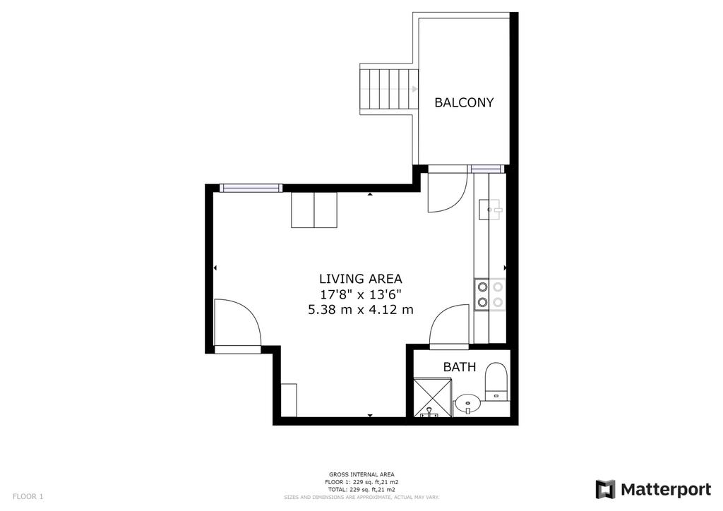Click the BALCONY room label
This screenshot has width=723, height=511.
pyautogui.click(x=464, y=102)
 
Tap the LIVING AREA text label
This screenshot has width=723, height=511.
pyautogui.click(x=361, y=279)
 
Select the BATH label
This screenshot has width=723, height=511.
pyautogui.click(x=459, y=367)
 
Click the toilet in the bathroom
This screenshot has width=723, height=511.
pyautogui.click(x=496, y=382)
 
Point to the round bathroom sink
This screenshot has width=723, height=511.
pyautogui.click(x=467, y=404)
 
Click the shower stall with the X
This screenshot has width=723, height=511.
pyautogui.click(x=433, y=397)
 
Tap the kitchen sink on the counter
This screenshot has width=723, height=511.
pyautogui.click(x=490, y=210)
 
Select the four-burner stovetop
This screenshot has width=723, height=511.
pyautogui.click(x=490, y=295)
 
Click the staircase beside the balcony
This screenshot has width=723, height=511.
pyautogui.click(x=389, y=89)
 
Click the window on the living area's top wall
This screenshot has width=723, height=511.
pyautogui.click(x=251, y=188)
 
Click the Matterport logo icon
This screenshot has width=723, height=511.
pyautogui.click(x=605, y=489)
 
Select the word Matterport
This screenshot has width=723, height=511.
pyautogui.click(x=666, y=490)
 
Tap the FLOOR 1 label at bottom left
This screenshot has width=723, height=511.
pyautogui.click(x=28, y=497)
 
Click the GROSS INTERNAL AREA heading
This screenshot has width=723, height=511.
pyautogui.click(x=361, y=474)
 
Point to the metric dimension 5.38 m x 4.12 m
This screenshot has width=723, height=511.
pyautogui.click(x=361, y=310)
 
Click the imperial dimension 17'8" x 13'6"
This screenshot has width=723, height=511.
pyautogui.click(x=361, y=294)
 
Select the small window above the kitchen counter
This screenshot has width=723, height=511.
pyautogui.click(x=486, y=169)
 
